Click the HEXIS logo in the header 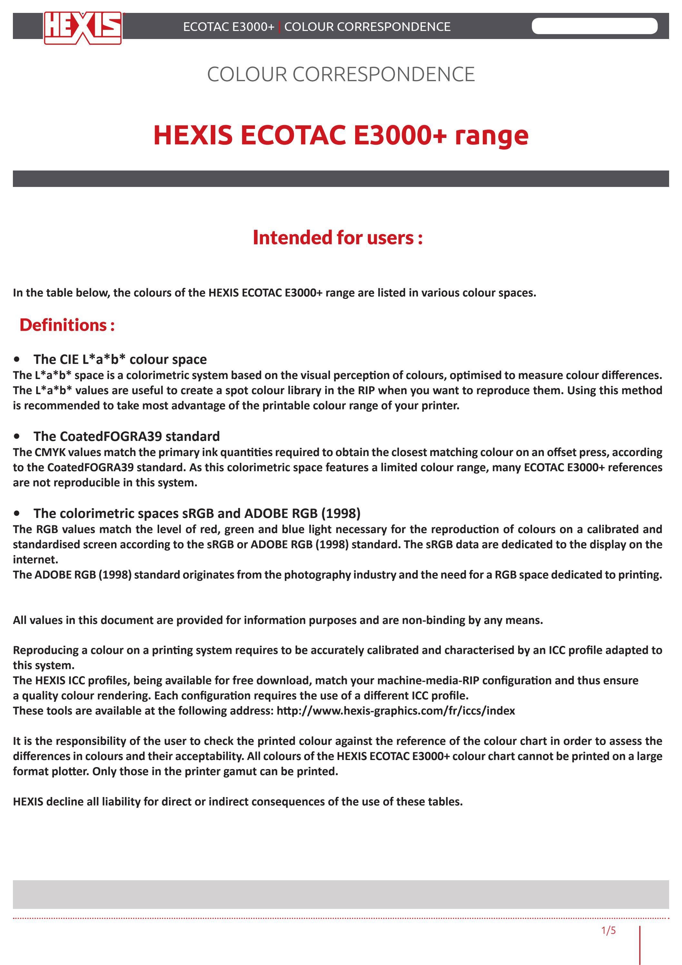pos(83,27)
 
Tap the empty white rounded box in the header pos(594,26)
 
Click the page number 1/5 pos(608,930)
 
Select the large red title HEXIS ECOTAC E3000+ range pos(341,135)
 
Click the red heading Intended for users pos(337,238)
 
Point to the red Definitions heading pos(67,325)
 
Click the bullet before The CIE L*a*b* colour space pos(17,360)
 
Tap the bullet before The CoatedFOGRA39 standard pos(17,437)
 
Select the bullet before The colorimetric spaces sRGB pos(17,513)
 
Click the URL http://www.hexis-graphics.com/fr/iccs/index pos(395,711)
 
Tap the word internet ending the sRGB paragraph pos(34,560)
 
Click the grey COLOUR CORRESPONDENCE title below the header pos(341,74)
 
